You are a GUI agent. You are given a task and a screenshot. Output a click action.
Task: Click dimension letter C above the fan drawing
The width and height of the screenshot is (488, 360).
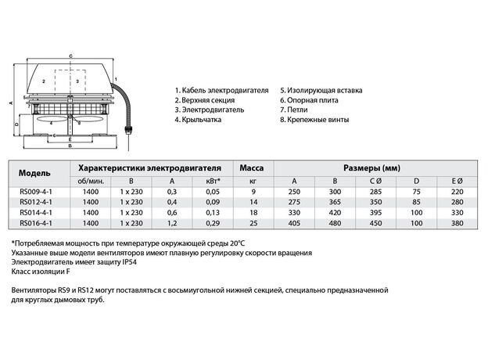pyautogui.click(x=70, y=56)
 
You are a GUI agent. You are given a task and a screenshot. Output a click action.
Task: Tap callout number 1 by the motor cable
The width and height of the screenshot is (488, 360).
pyautogui.click(x=117, y=78)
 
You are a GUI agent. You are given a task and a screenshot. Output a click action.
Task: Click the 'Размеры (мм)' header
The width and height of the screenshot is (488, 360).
pyautogui.click(x=371, y=167)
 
